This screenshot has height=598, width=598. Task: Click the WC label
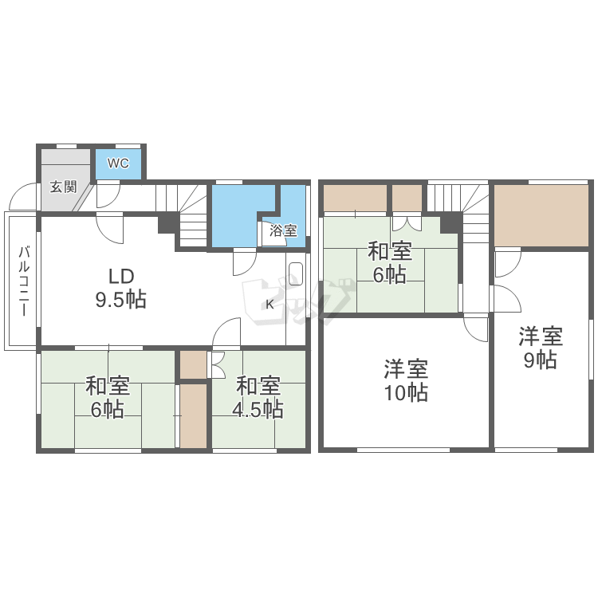pyautogui.click(x=118, y=163)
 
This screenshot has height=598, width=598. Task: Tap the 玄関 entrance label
pyautogui.click(x=63, y=187)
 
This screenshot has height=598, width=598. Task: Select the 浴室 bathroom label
pyautogui.click(x=283, y=230)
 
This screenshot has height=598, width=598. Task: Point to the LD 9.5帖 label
pyautogui.click(x=120, y=288)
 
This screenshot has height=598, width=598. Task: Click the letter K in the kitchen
pyautogui.click(x=269, y=305)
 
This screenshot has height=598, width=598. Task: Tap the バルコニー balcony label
pyautogui.click(x=24, y=281)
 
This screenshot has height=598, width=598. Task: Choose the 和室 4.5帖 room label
pyautogui.click(x=258, y=397)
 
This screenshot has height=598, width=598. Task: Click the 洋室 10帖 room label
pyautogui.click(x=406, y=380)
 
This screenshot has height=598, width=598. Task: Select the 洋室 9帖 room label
pyautogui.click(x=541, y=348)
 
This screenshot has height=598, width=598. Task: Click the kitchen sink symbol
pyautogui.click(x=296, y=273)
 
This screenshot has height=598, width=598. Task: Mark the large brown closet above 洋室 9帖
pyautogui.click(x=541, y=215)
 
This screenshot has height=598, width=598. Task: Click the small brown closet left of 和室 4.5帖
pyautogui.click(x=194, y=364)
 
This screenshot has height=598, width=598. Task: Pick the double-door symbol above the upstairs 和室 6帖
pyautogui.click(x=406, y=224)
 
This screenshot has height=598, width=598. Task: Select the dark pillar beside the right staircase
pyautogui.click(x=451, y=222)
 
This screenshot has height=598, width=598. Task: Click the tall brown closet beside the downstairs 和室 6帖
pyautogui.click(x=194, y=415)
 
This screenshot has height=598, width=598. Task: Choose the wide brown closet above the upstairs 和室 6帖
pyautogui.click(x=356, y=198)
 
